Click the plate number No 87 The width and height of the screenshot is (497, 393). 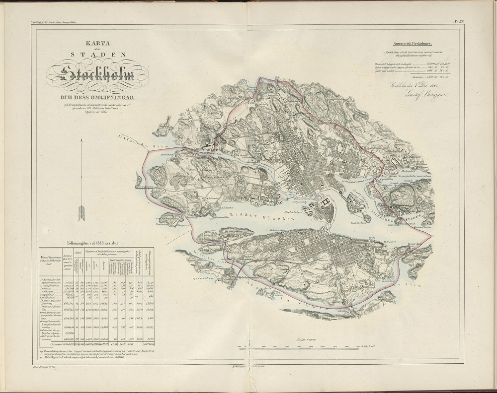[x=459, y=21]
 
